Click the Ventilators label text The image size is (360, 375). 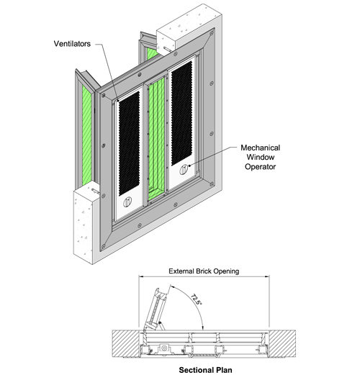click(72, 44)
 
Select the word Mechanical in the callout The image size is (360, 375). click(261, 148)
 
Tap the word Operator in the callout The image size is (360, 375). click(260, 167)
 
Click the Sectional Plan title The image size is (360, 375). click(205, 370)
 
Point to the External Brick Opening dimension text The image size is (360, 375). click(204, 271)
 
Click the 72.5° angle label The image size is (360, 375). click(196, 299)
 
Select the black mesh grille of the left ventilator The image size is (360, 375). click(129, 143)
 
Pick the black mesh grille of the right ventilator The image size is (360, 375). click(181, 113)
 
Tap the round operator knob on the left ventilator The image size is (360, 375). click(127, 202)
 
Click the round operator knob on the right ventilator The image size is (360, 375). click(184, 169)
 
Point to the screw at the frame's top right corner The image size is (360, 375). click(212, 33)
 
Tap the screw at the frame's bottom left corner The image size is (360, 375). click(103, 246)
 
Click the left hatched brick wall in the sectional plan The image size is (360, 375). click(125, 343)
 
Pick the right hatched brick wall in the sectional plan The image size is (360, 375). click(282, 343)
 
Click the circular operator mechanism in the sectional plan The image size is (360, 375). click(164, 348)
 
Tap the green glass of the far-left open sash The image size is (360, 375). click(87, 135)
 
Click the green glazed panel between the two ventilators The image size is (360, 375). click(156, 138)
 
